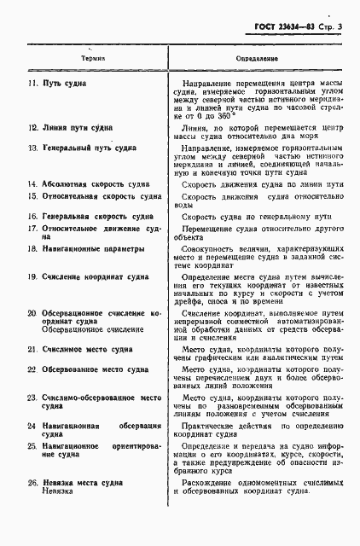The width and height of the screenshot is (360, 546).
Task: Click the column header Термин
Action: coord(93,59)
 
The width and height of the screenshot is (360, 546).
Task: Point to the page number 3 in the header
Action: coord(340,27)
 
